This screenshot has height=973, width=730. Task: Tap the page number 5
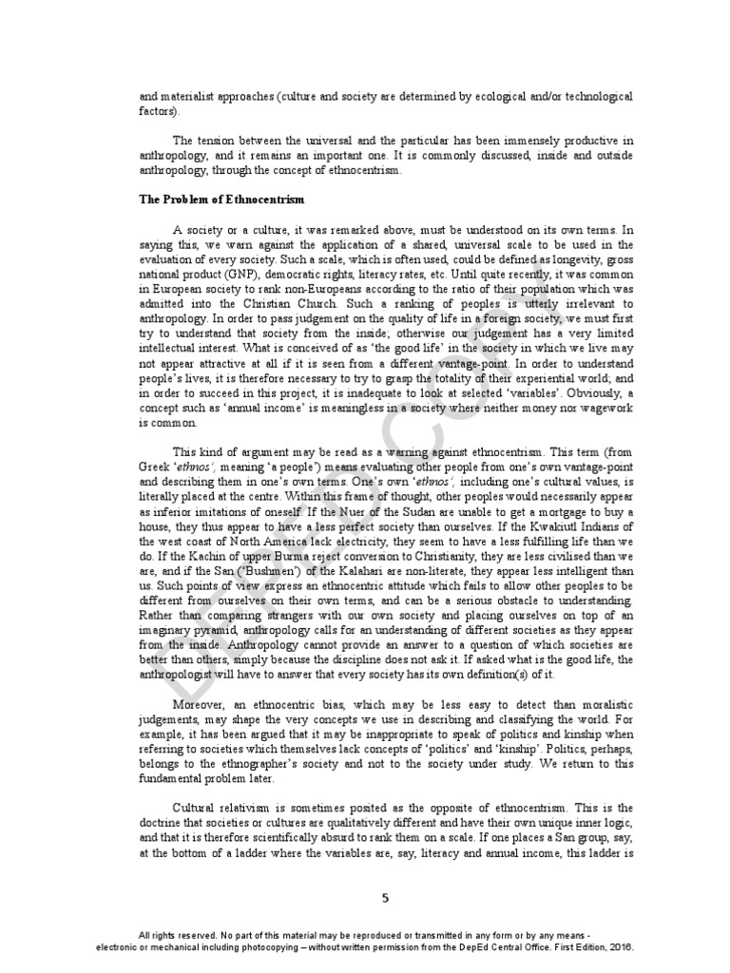click(384, 897)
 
